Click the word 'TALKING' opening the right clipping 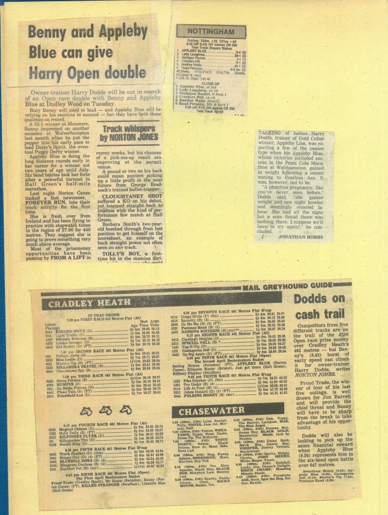272,134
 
